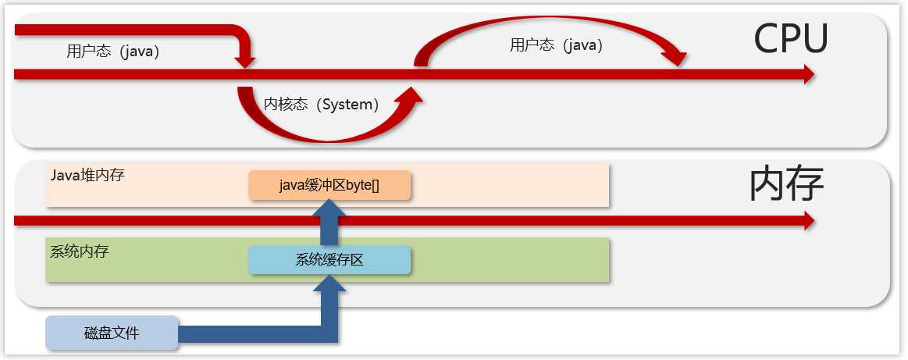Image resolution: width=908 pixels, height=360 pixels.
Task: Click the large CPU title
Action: pyautogui.click(x=790, y=38)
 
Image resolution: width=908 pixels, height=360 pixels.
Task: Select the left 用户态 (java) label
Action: pyautogui.click(x=113, y=52)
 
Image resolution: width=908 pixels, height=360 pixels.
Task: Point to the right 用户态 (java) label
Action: pyautogui.click(x=557, y=45)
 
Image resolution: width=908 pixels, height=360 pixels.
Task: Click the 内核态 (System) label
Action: pyautogui.click(x=321, y=104)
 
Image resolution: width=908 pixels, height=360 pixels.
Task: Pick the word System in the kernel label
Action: pyautogui.click(x=350, y=104)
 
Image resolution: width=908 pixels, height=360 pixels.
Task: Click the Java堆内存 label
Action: pyautogui.click(x=87, y=174)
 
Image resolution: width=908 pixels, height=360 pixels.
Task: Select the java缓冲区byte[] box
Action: pyautogui.click(x=329, y=185)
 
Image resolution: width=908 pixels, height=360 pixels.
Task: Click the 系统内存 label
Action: pyautogui.click(x=79, y=251)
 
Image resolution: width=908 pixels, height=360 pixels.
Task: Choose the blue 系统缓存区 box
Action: pyautogui.click(x=329, y=259)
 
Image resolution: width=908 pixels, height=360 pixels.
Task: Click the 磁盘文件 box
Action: pyautogui.click(x=112, y=333)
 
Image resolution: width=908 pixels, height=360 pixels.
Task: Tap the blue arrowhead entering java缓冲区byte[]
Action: pyautogui.click(x=329, y=209)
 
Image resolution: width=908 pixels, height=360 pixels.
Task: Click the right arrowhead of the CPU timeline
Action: pyautogui.click(x=808, y=74)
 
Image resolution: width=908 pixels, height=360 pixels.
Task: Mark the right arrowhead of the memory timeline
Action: pyautogui.click(x=808, y=222)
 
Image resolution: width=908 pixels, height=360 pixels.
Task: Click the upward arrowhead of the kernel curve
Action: pyautogui.click(x=410, y=96)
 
